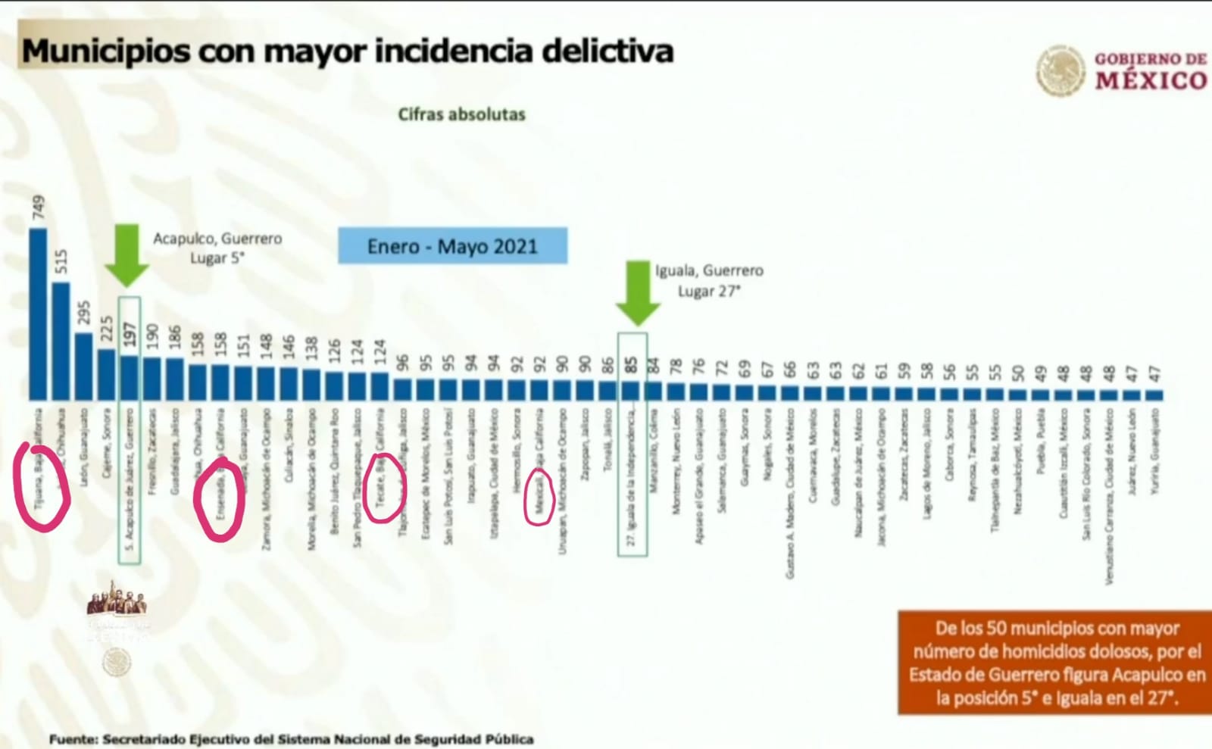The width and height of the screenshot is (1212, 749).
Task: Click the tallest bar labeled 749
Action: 38,314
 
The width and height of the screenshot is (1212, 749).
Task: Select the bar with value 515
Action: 61,341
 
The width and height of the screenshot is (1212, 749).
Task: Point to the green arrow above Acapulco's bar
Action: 127,255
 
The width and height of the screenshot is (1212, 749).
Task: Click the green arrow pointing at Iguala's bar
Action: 637,293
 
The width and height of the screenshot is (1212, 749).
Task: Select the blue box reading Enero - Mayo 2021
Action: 452,246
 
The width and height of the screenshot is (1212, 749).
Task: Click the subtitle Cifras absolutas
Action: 461,114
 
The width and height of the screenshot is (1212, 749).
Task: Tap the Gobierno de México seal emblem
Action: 1060,70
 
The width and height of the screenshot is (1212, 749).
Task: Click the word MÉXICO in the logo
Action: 1150,80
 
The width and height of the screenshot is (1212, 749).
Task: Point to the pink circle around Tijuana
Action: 42,488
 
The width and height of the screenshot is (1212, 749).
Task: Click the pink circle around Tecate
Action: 384,488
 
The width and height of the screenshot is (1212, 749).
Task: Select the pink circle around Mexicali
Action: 539,497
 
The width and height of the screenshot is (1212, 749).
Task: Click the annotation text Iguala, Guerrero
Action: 709,270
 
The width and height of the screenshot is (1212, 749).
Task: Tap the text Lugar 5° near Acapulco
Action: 217,258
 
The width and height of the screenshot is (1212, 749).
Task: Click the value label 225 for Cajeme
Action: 107,329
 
